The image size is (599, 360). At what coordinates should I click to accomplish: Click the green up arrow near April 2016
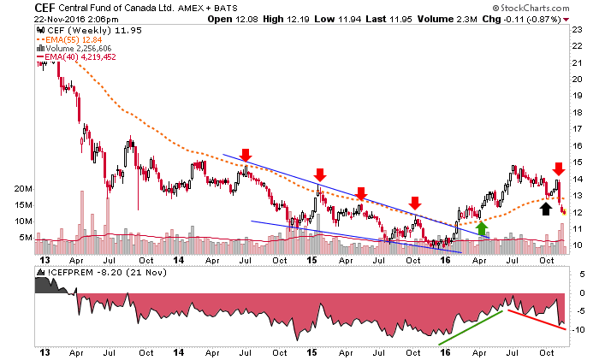pos(482,228)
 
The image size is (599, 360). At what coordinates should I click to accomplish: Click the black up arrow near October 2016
pos(546,209)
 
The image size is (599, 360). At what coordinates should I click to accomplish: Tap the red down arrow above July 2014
pos(246,155)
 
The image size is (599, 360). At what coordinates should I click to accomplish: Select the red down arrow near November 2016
pos(559,168)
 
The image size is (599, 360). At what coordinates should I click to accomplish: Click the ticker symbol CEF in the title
pos(44,8)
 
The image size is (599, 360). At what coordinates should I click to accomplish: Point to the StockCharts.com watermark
pos(531,8)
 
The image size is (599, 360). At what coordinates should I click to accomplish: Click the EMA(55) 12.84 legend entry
pos(69,39)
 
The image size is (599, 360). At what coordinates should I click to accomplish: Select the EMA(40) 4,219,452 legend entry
pos(76,57)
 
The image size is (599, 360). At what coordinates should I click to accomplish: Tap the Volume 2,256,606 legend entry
pos(74,49)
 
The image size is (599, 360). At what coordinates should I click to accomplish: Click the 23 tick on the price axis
pos(578,29)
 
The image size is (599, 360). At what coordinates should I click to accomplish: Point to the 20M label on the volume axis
pos(23,189)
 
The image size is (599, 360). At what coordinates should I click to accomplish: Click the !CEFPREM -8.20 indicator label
pos(102,273)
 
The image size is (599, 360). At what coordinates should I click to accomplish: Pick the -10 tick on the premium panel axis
pos(578,329)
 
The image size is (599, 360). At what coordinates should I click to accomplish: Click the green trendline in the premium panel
pos(471,328)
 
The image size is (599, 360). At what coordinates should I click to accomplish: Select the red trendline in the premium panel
pos(537,320)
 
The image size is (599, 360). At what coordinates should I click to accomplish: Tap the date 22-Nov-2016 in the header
pos(59,19)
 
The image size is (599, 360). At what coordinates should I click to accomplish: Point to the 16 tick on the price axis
pos(578,145)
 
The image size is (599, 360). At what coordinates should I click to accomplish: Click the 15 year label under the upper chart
pos(312,260)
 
